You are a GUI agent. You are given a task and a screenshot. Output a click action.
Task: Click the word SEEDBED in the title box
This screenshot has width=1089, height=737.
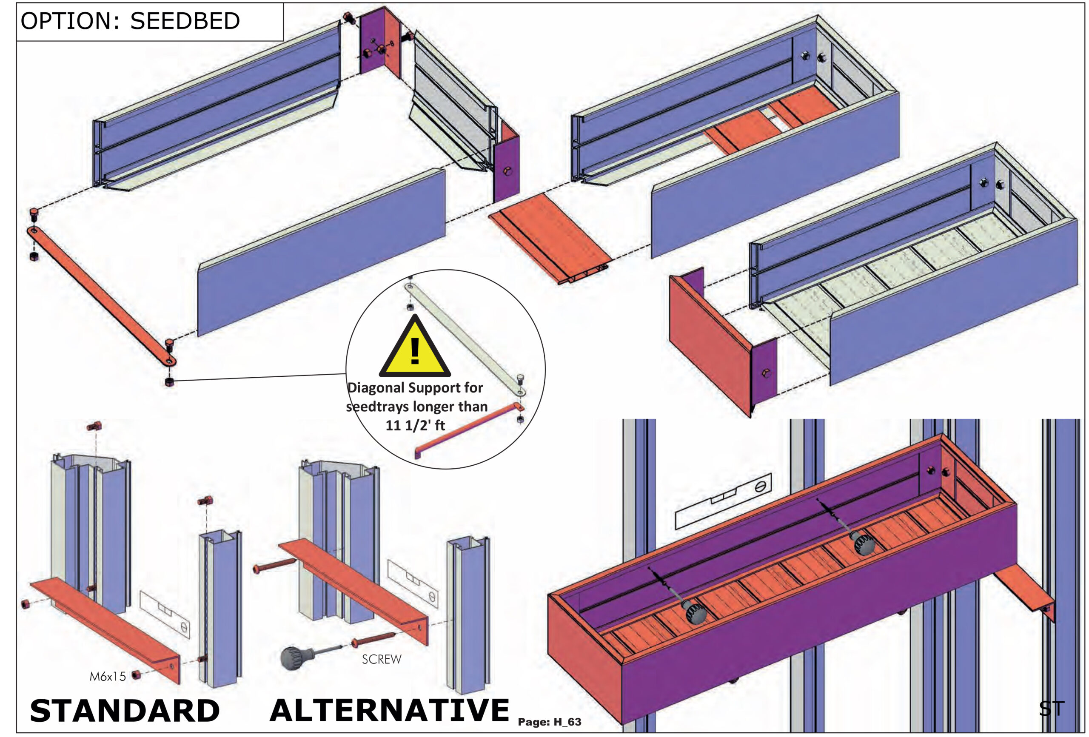point(185,21)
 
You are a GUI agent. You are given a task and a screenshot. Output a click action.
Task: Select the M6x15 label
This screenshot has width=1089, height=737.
point(108,676)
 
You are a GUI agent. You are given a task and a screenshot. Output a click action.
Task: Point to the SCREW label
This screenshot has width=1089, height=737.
point(382,659)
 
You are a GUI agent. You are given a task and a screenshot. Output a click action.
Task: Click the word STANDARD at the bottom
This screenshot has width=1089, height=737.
point(125,710)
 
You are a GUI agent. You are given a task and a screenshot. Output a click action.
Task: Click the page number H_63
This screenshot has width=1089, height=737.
point(567,722)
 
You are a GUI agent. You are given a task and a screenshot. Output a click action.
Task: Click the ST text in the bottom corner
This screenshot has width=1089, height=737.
point(1052,709)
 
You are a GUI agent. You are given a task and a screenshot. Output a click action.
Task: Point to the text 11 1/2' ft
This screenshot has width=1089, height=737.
point(415,425)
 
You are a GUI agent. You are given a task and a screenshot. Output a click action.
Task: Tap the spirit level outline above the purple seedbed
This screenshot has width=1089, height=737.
point(723,502)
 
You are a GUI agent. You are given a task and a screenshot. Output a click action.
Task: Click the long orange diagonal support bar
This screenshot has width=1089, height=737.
point(101,295)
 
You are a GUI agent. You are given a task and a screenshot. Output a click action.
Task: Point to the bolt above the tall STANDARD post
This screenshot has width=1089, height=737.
point(94,426)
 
